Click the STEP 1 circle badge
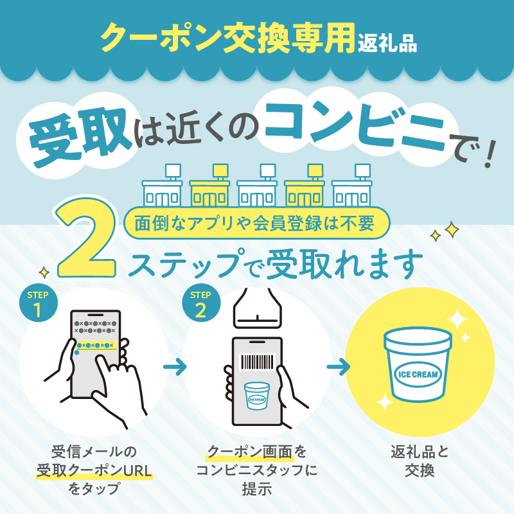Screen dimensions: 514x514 tap(39, 303)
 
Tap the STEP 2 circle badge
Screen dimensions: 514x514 tap(201, 303)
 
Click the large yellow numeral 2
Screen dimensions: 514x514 tap(87, 238)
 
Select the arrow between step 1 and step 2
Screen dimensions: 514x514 tap(175, 366)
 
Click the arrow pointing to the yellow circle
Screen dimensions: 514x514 tap(339, 366)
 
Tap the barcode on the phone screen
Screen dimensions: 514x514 tap(258, 362)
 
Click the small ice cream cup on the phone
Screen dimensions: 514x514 tap(257, 395)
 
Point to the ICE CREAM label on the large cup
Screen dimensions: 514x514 tap(418, 374)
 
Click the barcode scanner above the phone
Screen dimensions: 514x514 tap(258, 308)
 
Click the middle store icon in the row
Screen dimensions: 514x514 tap(257, 186)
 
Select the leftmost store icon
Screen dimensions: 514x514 tap(163, 186)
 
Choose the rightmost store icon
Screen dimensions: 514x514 tap(351, 186)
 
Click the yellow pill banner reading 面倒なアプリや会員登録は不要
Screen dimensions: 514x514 tap(256, 223)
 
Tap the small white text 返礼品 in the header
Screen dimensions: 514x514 tap(387, 43)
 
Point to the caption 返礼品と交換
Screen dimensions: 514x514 tap(420, 461)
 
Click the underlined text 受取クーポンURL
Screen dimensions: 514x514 tap(94, 470)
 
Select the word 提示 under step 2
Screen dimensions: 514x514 tap(257, 489)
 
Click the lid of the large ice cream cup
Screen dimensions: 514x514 tap(418, 339)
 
